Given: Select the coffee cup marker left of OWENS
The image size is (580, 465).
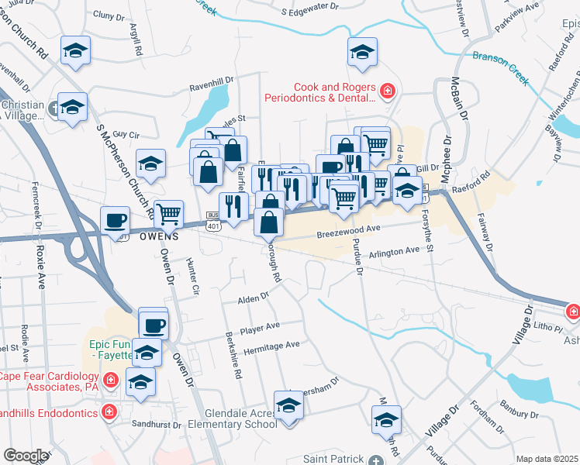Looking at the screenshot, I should point(115,219).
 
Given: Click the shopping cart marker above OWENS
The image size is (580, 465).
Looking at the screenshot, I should point(168,212).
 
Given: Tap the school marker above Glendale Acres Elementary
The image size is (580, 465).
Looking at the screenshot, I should point(289,405).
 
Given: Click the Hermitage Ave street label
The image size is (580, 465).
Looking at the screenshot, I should point(270,346).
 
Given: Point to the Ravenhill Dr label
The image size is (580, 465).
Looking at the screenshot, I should point(212,88).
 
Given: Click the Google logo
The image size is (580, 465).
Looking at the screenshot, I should point(26,456).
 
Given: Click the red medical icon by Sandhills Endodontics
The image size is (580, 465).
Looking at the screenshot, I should point(109,412).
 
